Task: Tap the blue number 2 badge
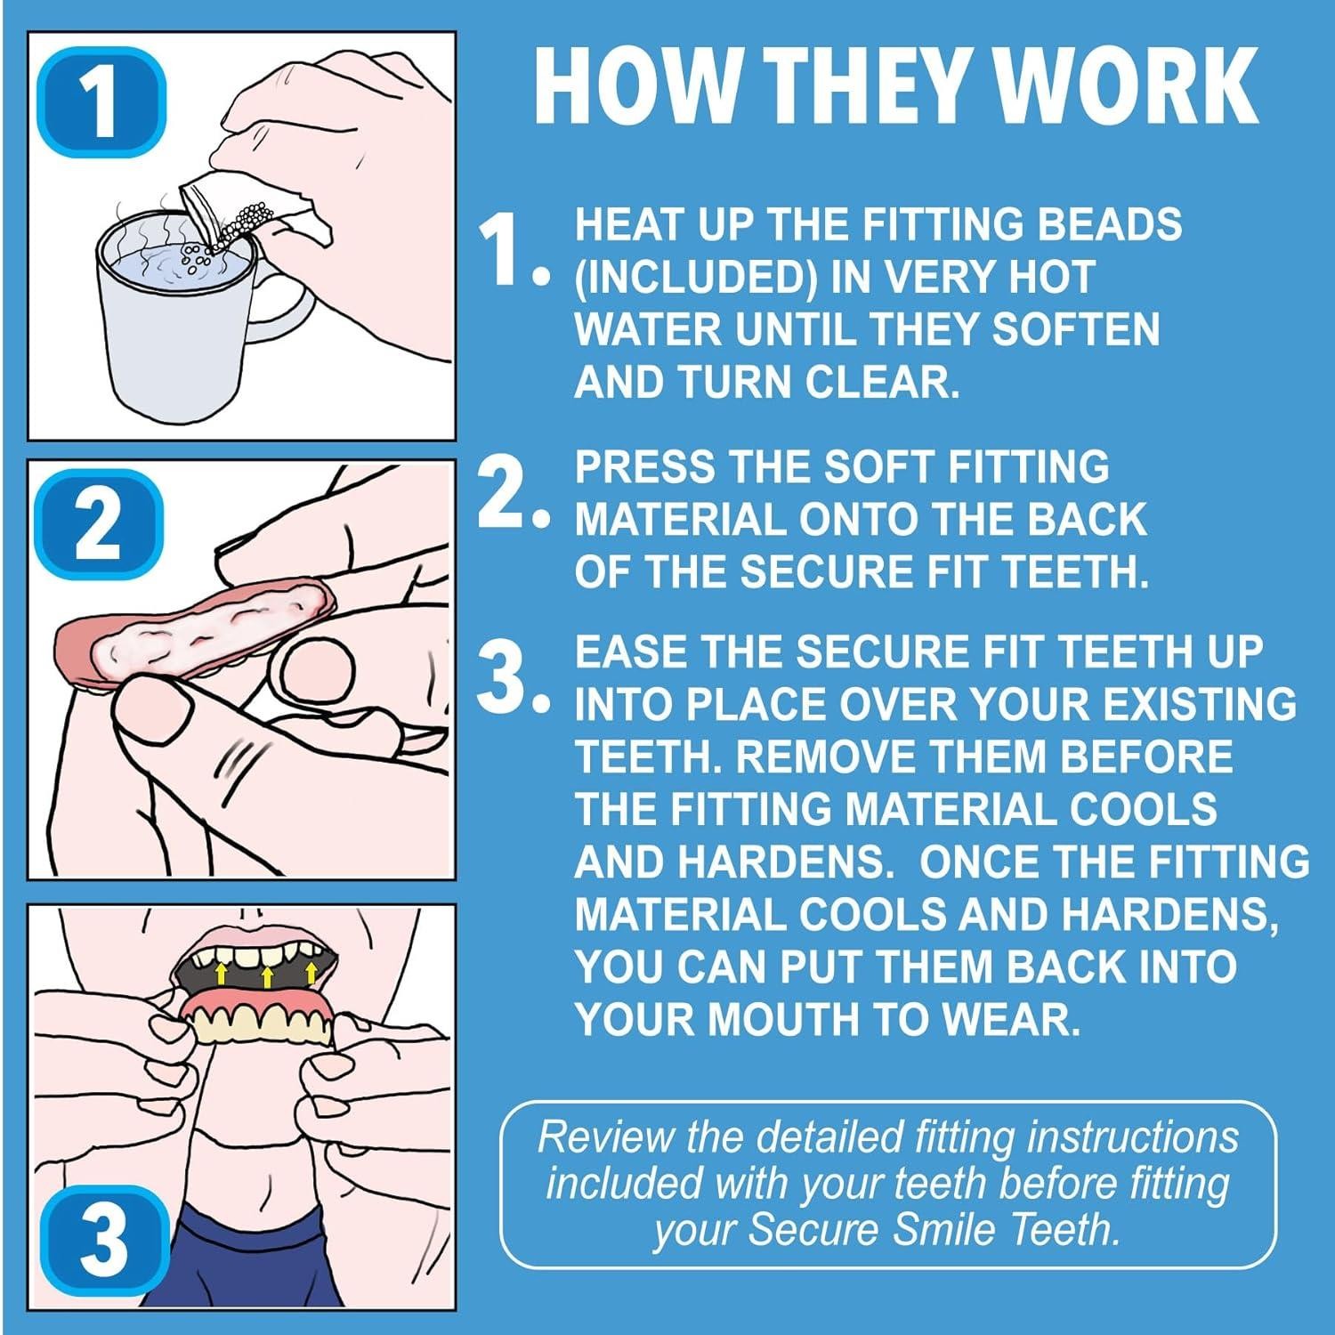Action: (100, 524)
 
